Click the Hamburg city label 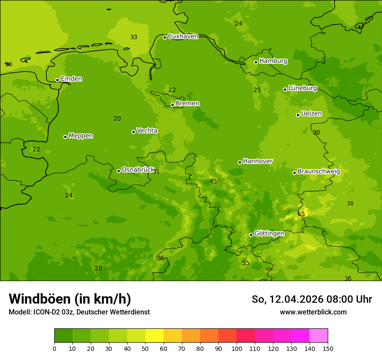[273, 61]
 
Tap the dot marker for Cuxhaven [165, 37]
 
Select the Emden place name [71, 79]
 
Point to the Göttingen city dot [251, 235]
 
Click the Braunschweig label [319, 172]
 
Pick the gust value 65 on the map [301, 214]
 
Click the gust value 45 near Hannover [213, 181]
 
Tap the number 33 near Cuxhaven [134, 37]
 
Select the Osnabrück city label [138, 170]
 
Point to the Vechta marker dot [133, 132]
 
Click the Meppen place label [81, 136]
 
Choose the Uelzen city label [311, 114]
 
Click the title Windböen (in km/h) [70, 299]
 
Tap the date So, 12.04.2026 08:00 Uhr [312, 299]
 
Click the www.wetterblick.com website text [313, 312]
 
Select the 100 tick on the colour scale [237, 348]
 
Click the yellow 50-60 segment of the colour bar [155, 336]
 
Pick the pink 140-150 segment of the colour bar [319, 336]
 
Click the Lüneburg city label [302, 88]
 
